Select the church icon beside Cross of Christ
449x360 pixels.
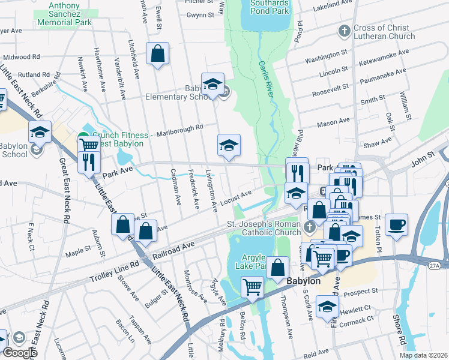coord(345,31)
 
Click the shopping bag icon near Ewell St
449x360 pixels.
coord(157,54)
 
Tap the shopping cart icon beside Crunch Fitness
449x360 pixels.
coord(89,144)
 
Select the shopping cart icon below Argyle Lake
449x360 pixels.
coord(253,286)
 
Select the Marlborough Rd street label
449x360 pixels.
coord(178,127)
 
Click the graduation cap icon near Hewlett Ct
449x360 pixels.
coord(328,307)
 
